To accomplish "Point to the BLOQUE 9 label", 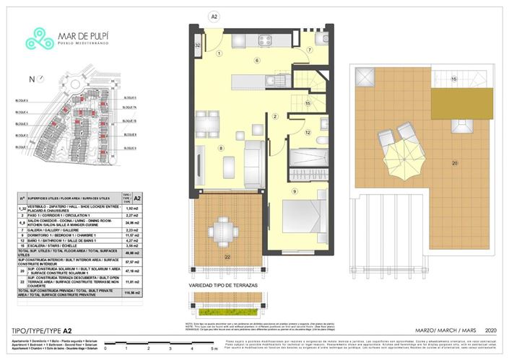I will [130, 147].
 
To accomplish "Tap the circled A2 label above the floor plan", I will [213, 16].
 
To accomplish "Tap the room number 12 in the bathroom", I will [307, 132].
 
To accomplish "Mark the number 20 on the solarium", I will [455, 163].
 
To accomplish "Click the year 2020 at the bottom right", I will [491, 330].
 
